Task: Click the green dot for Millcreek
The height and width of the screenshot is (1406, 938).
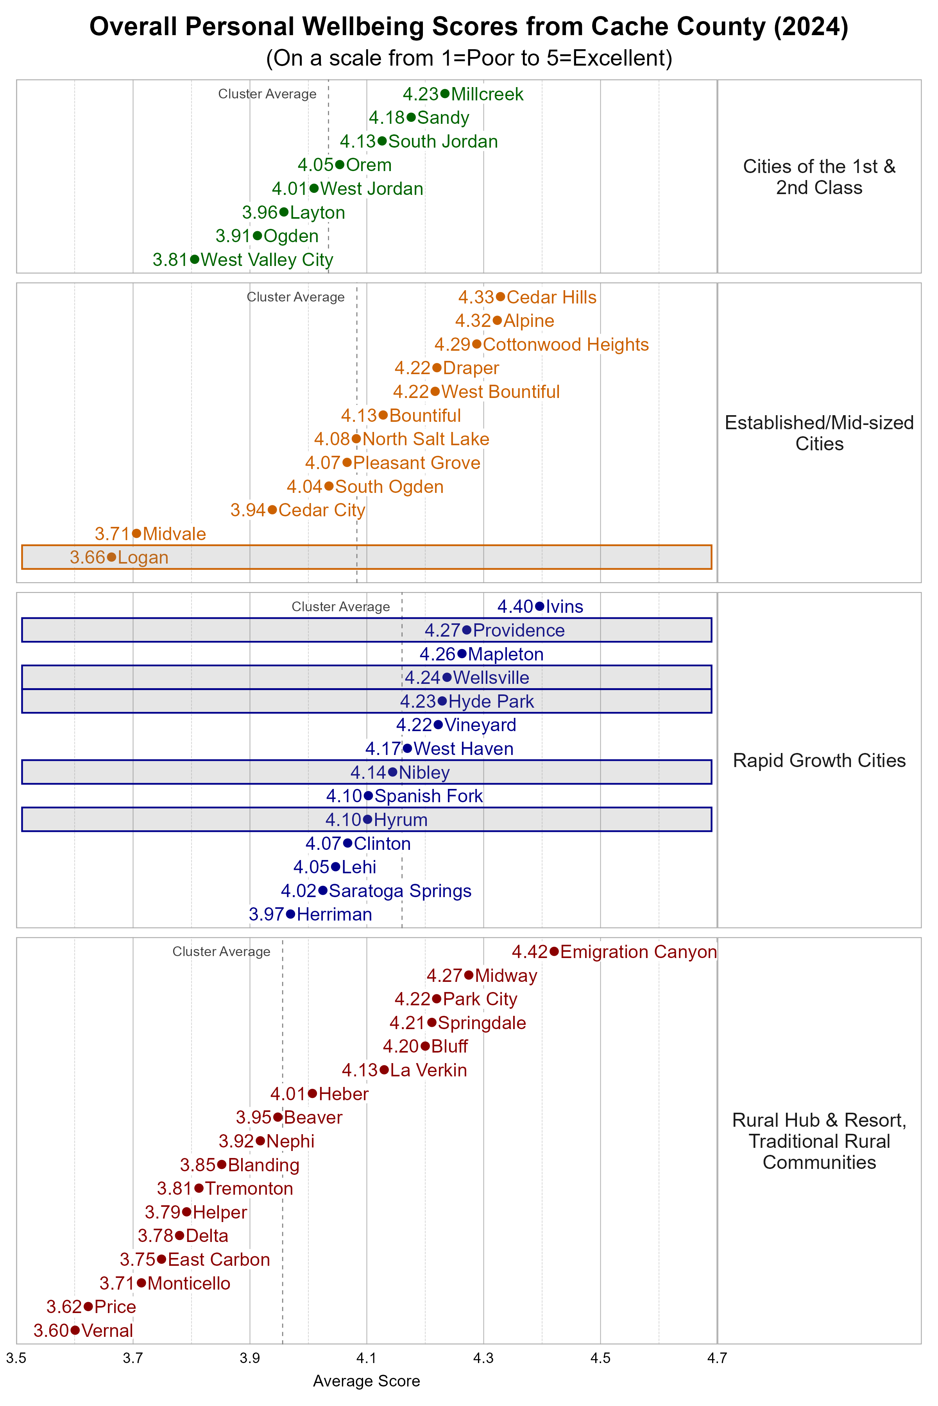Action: point(444,94)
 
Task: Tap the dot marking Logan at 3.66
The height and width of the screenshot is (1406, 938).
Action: point(111,557)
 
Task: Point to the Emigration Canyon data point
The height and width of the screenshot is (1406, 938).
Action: point(554,951)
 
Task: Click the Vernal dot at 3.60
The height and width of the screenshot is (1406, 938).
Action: point(75,1330)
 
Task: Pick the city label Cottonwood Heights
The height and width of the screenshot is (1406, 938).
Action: point(565,344)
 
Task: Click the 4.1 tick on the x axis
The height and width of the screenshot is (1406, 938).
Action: point(366,1358)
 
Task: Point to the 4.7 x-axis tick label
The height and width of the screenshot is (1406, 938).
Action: point(717,1358)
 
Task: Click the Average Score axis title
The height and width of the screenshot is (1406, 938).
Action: point(366,1381)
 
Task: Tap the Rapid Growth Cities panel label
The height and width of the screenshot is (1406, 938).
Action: point(819,760)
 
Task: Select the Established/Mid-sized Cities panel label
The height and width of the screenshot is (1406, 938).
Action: point(819,433)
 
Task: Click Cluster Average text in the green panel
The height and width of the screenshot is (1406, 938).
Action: point(267,94)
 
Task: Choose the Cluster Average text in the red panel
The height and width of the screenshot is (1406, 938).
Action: point(221,951)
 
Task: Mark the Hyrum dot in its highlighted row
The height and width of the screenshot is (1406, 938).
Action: point(367,819)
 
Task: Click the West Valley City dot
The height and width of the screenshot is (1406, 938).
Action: point(194,259)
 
